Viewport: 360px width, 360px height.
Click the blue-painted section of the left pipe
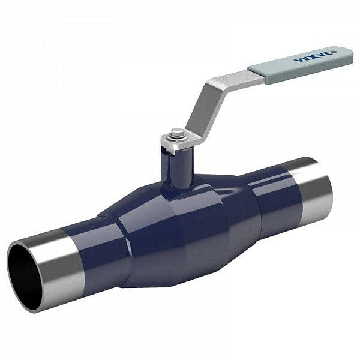pos(96,240)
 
